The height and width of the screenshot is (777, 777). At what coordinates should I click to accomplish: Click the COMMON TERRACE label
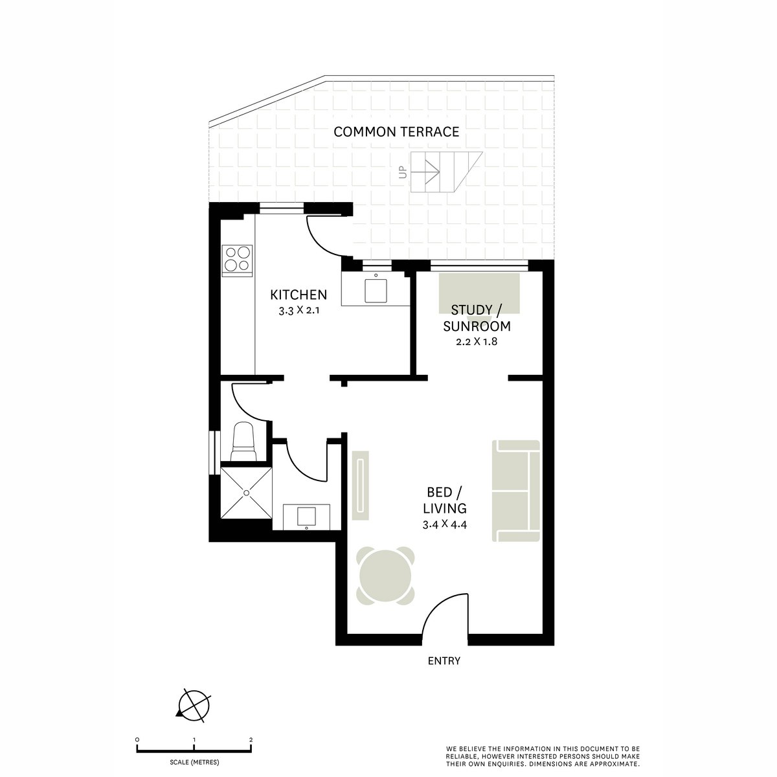pos(396,132)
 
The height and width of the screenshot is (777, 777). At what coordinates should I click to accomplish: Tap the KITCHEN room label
pos(298,295)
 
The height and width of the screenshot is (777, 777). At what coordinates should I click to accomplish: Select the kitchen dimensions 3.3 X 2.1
pos(298,311)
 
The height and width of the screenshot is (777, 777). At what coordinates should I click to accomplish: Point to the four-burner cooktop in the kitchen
pos(237,259)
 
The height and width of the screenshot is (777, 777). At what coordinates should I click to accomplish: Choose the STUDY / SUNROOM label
pos(480,318)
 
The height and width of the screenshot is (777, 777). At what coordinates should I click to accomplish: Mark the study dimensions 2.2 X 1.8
pos(480,342)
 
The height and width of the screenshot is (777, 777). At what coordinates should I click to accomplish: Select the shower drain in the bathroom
pos(247,493)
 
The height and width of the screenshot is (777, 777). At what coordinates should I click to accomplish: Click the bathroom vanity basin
pos(305,517)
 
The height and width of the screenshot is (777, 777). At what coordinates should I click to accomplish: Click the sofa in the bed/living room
pos(517,490)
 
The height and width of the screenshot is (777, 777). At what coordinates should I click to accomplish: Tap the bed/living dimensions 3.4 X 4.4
pos(445,524)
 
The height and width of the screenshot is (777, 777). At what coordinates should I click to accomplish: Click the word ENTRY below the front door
pos(444,661)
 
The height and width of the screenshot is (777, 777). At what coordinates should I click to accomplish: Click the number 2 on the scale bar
pos(251,739)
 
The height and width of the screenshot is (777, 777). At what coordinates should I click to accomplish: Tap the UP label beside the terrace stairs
pos(403,172)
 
